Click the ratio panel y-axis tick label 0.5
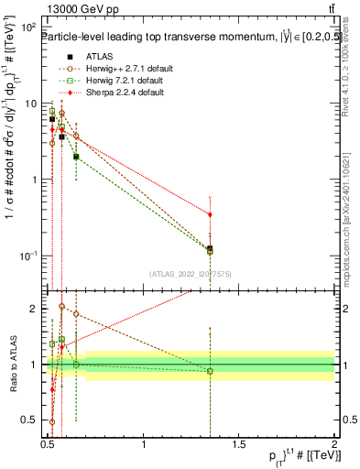(x=30, y=422)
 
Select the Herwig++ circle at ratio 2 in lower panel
(x=61, y=307)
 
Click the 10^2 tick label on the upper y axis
(x=28, y=27)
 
